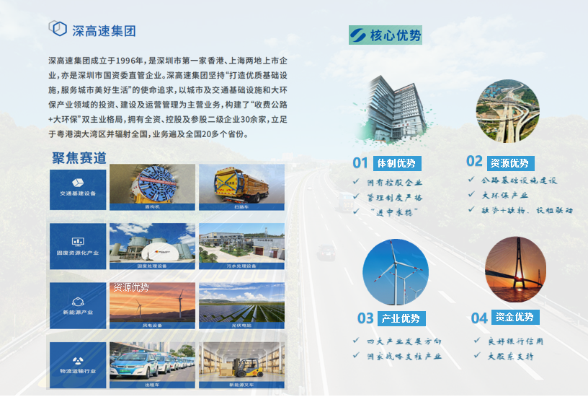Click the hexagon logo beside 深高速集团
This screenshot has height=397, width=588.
tap(58, 28)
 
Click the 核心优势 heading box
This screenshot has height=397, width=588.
tap(385, 35)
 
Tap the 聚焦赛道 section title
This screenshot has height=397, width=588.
tap(79, 158)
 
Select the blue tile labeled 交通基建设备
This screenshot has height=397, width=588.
tap(78, 190)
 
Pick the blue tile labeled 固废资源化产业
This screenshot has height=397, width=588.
tap(78, 246)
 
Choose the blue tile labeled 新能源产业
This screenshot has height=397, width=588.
tap(78, 305)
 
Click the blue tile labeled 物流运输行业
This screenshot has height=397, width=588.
tap(78, 365)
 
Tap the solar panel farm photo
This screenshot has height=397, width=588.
tap(241, 302)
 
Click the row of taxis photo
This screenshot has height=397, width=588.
tap(152, 362)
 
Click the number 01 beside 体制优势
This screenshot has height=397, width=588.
tap(360, 163)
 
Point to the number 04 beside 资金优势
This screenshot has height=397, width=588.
tap(479, 318)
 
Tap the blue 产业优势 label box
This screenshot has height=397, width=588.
tap(401, 318)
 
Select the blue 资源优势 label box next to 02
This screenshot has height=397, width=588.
tap(509, 163)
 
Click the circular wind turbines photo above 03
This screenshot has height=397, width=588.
tap(395, 272)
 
